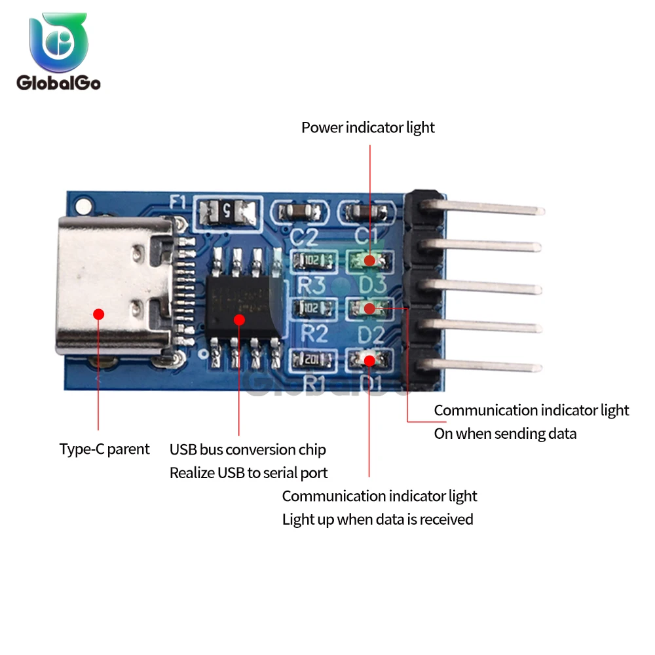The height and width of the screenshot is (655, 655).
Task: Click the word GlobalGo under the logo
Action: (x=58, y=83)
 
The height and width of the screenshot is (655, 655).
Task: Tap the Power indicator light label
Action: (x=367, y=128)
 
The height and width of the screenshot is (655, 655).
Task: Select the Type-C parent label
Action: (x=104, y=449)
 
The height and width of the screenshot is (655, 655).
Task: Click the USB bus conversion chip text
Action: (x=248, y=450)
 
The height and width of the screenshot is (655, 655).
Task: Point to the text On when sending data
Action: (x=505, y=434)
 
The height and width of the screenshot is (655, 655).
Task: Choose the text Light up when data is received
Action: (x=377, y=519)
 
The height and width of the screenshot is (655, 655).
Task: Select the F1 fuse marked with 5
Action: (x=227, y=211)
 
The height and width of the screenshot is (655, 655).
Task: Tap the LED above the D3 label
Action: (x=369, y=261)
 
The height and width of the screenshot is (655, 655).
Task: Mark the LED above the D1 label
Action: (x=369, y=359)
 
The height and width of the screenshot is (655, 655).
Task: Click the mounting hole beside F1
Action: (x=82, y=207)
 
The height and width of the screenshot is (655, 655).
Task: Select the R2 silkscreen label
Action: (x=314, y=333)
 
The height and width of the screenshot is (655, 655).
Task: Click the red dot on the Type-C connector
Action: (x=99, y=314)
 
